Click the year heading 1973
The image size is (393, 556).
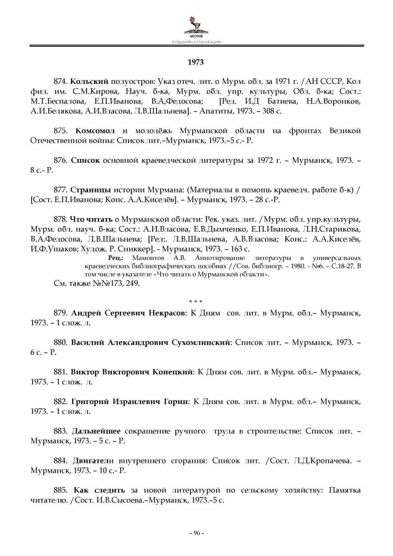pos(196,62)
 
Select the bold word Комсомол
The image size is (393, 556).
pos(95,131)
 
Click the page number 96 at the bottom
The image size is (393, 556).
pos(196,533)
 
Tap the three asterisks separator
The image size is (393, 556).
pos(196,302)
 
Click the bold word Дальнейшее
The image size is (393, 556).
pos(96,431)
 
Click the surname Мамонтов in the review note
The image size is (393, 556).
pos(149,258)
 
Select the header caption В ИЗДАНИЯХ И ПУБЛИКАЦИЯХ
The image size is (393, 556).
pos(196,42)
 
